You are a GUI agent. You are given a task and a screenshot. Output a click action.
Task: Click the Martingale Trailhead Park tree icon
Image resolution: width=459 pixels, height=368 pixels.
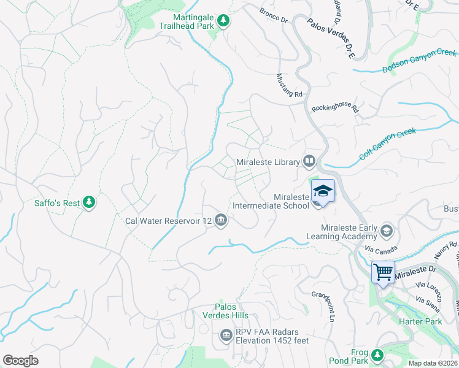tap(224, 21)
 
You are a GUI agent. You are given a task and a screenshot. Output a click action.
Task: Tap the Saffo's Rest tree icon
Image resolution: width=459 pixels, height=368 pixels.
tap(90, 202)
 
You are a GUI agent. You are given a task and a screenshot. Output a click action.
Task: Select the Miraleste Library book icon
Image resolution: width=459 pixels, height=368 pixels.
tap(309, 162)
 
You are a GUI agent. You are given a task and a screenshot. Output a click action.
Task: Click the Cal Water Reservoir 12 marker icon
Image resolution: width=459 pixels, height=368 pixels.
tap(221, 220)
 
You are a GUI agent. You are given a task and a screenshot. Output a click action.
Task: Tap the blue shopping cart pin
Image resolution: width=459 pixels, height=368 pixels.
tap(384, 272)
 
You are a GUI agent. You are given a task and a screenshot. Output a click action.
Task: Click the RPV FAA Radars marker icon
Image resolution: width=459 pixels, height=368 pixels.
tap(225, 335)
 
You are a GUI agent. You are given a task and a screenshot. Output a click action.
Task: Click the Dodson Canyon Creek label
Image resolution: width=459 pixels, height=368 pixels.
tap(419, 60)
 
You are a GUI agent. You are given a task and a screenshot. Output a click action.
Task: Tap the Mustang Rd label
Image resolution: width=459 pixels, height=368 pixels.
tap(290, 86)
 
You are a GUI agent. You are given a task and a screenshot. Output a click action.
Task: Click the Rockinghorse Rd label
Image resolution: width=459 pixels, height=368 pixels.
tap(334, 109)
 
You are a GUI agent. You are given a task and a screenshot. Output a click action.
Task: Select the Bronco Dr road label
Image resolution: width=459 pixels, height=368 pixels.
tap(274, 15)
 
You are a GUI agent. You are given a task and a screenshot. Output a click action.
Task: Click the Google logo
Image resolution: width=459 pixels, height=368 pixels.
tap(20, 360)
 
